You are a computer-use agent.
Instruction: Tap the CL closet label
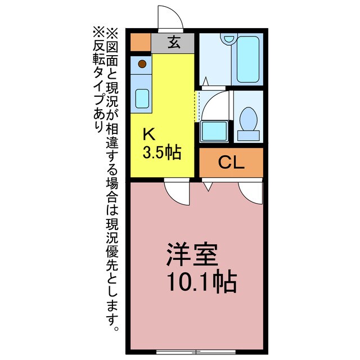231,163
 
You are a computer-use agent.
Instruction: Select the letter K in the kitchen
148,134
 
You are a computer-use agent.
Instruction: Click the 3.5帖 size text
161,153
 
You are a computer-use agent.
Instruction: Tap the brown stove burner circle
142,64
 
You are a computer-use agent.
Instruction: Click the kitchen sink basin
142,99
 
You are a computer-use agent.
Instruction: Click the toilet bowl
248,119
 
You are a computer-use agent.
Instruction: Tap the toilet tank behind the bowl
248,135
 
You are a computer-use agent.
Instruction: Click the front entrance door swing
170,19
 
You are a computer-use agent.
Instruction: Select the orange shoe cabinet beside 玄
141,42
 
